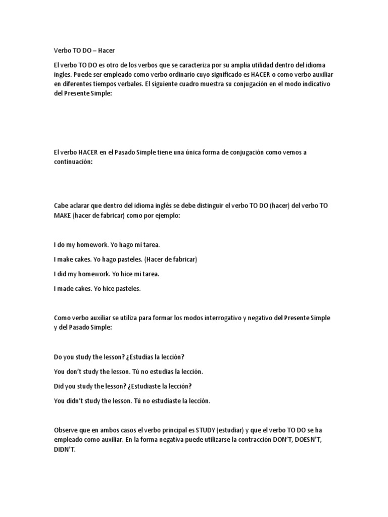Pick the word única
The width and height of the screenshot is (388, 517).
click(187, 152)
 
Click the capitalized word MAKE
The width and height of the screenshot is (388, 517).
click(62, 216)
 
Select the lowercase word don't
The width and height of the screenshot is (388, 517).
click(75, 372)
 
